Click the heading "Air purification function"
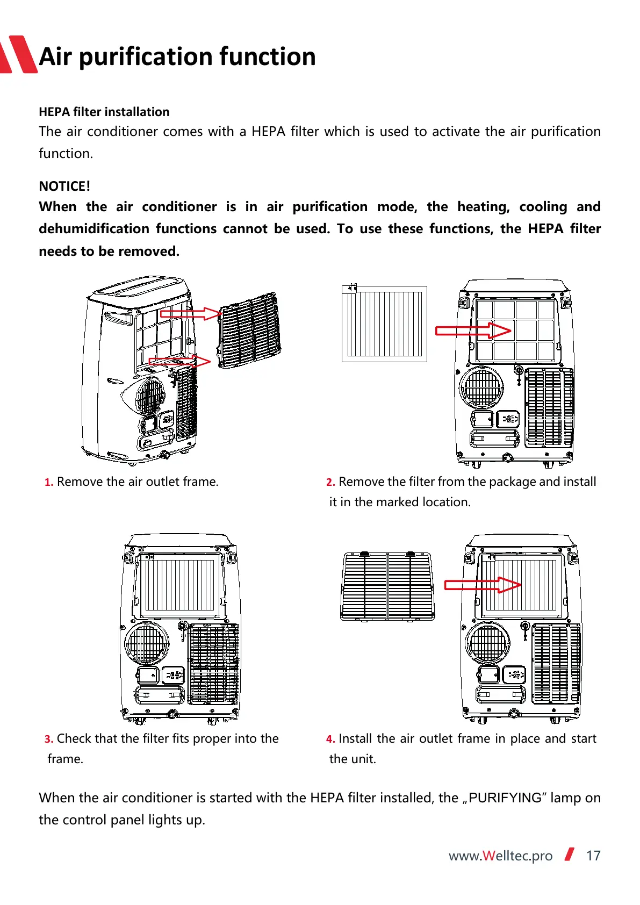point(177,56)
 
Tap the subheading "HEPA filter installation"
point(104,112)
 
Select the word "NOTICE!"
point(64,186)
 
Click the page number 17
point(593,856)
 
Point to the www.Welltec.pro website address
point(500,856)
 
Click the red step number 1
point(48,482)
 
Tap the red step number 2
point(330,482)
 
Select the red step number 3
point(48,739)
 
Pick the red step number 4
point(330,739)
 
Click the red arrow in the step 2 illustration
point(473,330)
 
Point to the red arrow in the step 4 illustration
point(483,585)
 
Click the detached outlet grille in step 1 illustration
point(249,331)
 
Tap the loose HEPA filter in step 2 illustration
point(384,324)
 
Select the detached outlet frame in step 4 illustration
point(387,586)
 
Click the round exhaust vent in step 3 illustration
point(147,643)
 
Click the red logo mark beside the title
point(18,55)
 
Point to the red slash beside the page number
point(570,854)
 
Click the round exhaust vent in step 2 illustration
point(482,387)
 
